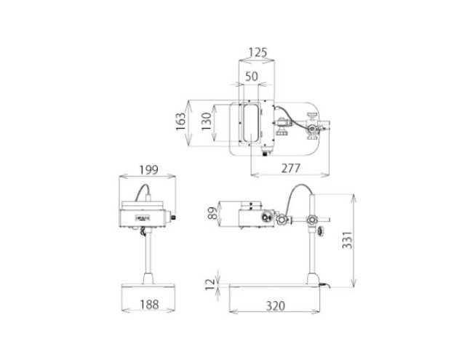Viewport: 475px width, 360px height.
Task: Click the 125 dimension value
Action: [x=258, y=52]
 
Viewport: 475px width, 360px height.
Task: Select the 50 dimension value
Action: [x=252, y=76]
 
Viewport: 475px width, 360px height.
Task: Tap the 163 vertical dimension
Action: [x=180, y=121]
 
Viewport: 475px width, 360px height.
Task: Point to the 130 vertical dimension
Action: [x=207, y=121]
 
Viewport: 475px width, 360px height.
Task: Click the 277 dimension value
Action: [x=291, y=168]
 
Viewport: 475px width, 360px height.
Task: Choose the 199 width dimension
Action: [x=148, y=170]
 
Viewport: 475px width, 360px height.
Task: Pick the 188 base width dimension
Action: [x=149, y=304]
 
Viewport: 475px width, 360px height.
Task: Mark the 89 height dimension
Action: [x=213, y=213]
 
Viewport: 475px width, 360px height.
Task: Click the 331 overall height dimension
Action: [x=347, y=240]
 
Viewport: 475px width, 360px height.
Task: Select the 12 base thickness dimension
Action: [x=210, y=284]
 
